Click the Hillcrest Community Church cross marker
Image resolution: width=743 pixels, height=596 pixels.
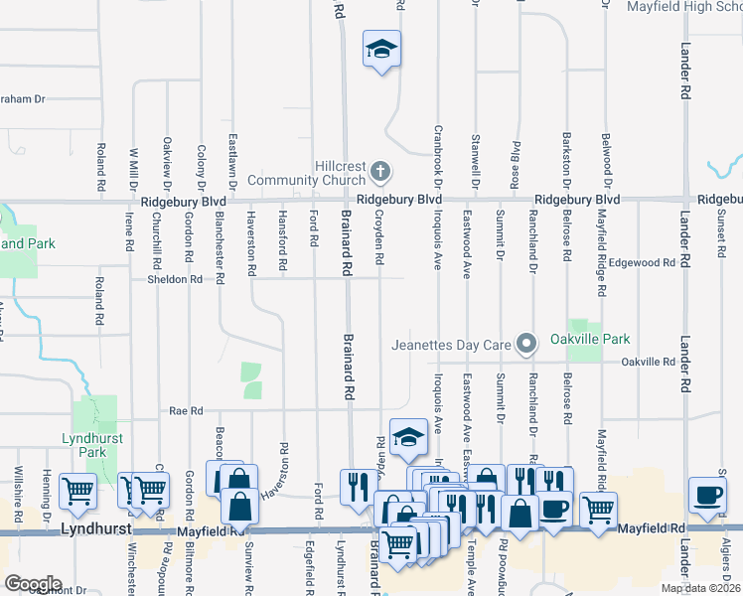(x=379, y=173)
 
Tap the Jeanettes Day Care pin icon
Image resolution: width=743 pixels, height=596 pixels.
(x=527, y=345)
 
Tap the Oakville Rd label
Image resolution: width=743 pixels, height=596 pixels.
(x=648, y=362)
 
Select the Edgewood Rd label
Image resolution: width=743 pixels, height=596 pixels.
(x=649, y=263)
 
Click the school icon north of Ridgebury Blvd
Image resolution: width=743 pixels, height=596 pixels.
(x=380, y=50)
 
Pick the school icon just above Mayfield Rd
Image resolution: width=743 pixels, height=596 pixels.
(x=406, y=438)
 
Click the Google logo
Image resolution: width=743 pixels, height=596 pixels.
(x=33, y=583)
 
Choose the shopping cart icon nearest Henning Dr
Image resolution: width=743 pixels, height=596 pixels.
(x=76, y=490)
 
